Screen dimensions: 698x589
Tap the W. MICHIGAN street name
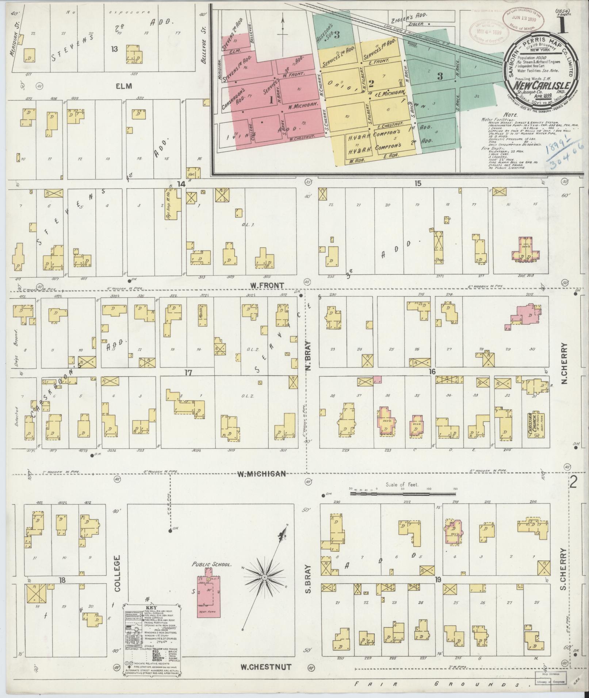(x=261, y=474)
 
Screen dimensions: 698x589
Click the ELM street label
(x=123, y=86)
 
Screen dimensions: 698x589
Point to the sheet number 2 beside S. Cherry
(x=574, y=483)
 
